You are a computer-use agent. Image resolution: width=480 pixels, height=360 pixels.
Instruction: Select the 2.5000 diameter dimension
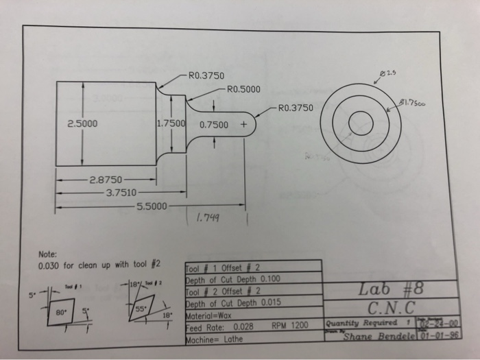click(x=82, y=125)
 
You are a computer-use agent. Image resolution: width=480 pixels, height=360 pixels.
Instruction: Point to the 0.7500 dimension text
click(x=214, y=125)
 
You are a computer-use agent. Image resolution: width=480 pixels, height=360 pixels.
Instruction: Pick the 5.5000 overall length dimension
click(x=153, y=205)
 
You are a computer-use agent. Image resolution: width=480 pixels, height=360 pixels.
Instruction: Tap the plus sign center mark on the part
click(x=243, y=125)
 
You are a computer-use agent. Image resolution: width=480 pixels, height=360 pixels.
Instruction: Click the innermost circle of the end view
click(x=361, y=123)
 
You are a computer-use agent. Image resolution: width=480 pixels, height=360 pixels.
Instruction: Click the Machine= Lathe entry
click(x=213, y=337)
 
